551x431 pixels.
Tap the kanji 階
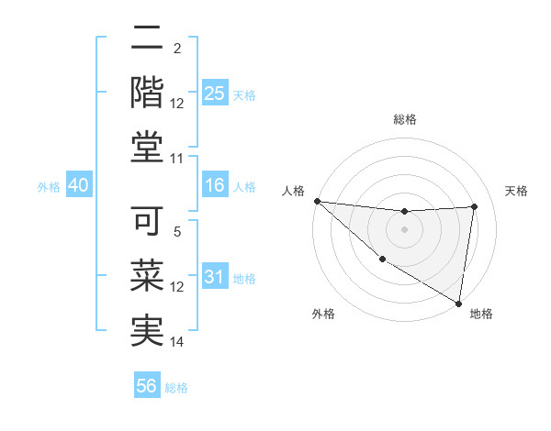pos(148,92)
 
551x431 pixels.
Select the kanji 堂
pos(148,146)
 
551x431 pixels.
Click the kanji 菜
pos(148,276)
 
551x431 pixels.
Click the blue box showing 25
pos(215,93)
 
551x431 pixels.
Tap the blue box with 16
pos(215,185)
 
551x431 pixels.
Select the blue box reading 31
pos(215,277)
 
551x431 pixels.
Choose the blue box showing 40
pos(79,185)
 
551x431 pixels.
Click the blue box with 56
pos(147,386)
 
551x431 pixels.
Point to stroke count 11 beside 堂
pos(177,159)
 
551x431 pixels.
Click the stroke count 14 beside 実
pos(177,342)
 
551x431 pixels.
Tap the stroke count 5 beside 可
pos(177,232)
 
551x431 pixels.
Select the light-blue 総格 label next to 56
pos(176,388)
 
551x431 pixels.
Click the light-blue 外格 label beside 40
pos(49,187)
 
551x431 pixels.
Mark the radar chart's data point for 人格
pos(317,201)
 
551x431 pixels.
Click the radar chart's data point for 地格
pos(458,303)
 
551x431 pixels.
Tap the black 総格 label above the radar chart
pos(404,119)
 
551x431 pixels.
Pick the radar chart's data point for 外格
pos(382,259)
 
